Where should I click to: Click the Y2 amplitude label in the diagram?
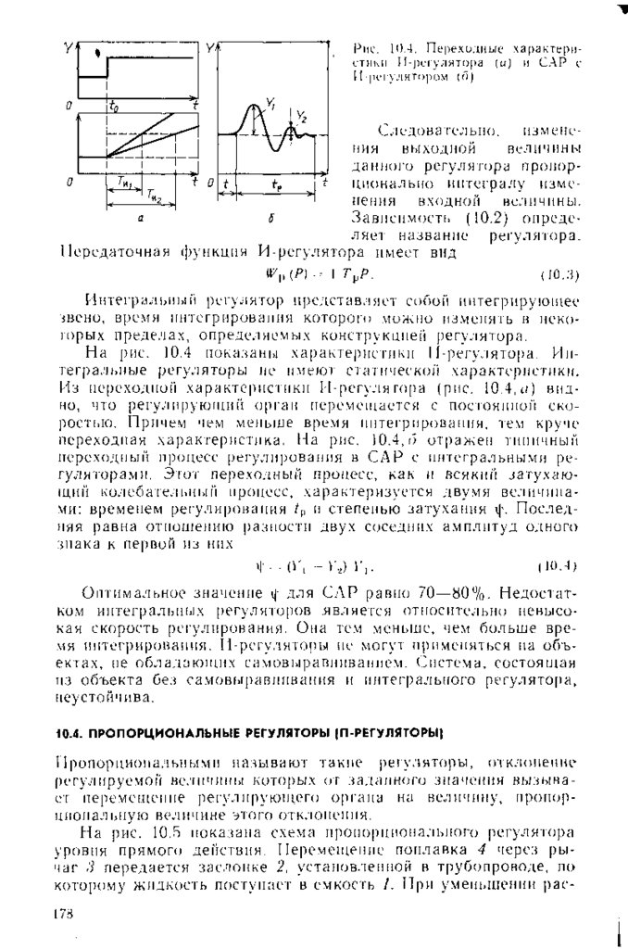point(303,117)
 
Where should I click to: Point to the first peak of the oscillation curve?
point(254,108)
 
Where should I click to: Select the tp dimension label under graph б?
point(277,184)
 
